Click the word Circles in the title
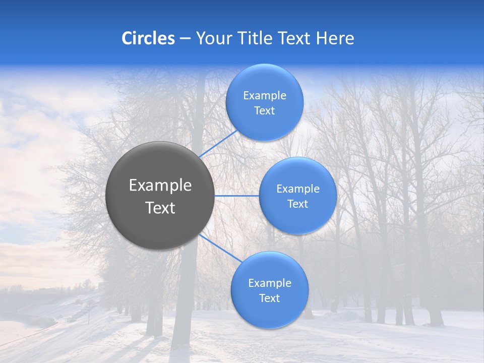(148, 38)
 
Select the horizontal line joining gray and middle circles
(237, 196)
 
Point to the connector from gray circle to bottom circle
(221, 249)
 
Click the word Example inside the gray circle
(160, 186)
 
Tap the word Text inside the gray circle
(160, 208)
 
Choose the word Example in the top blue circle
(265, 96)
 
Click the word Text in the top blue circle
(264, 111)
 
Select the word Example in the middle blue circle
(298, 189)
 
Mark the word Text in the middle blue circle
(297, 204)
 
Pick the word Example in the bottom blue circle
(270, 283)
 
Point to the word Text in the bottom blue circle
(269, 298)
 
